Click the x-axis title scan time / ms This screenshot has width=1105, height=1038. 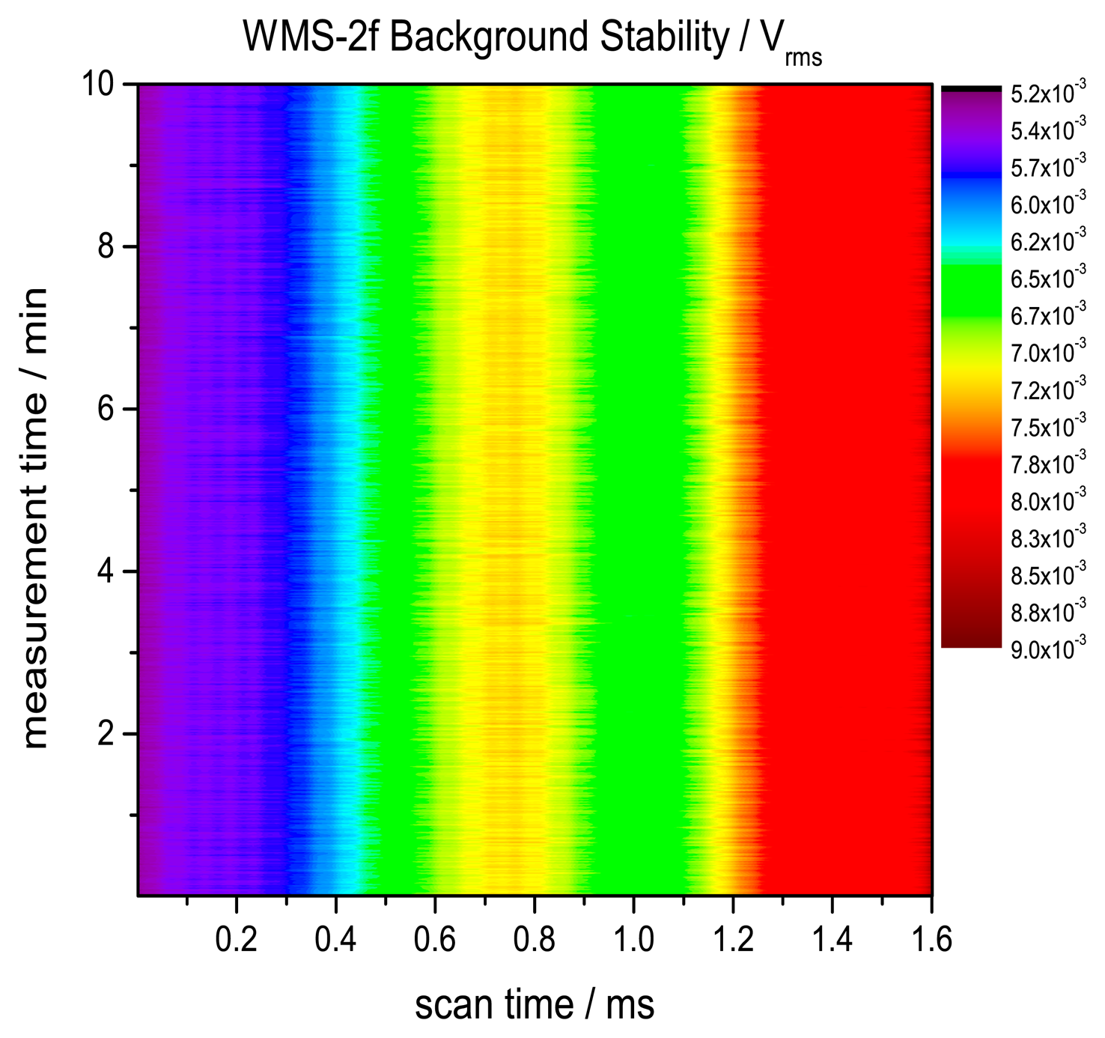tap(535, 1004)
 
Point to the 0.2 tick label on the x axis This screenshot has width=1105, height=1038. tap(236, 940)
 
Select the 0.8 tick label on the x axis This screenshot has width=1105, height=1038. tap(534, 940)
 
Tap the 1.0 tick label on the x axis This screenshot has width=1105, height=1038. tap(633, 940)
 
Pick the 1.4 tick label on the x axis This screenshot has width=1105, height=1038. tap(832, 940)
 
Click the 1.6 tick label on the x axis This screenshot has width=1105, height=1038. tap(931, 940)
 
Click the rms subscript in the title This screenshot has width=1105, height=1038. tap(804, 58)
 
